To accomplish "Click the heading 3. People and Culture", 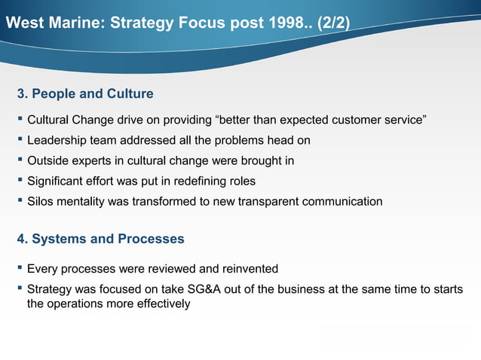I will pyautogui.click(x=85, y=94).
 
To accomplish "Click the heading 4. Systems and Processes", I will pyautogui.click(x=100, y=239).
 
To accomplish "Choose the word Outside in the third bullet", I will pyautogui.click(x=47, y=160).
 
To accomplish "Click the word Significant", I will pyautogui.click(x=59, y=182).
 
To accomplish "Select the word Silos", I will pyautogui.click(x=41, y=202).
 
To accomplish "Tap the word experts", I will pyautogui.click(x=94, y=160).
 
